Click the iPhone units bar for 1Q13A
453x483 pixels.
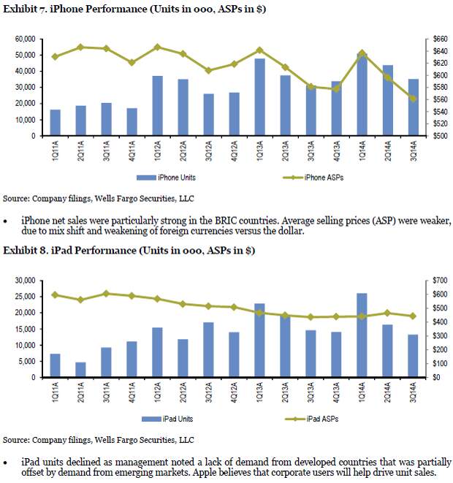tap(259, 97)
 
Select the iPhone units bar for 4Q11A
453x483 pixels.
tap(132, 122)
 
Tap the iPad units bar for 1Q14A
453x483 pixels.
tap(362, 335)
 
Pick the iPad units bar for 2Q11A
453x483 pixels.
tap(80, 370)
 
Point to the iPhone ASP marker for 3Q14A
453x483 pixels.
tap(414, 99)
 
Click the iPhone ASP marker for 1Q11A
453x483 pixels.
tap(55, 57)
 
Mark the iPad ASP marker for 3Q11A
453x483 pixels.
tap(106, 294)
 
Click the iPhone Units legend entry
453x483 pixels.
tap(167, 178)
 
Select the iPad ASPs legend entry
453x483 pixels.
tap(312, 419)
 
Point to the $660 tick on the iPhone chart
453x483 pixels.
tap(440, 39)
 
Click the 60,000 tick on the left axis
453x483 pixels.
tap(25, 39)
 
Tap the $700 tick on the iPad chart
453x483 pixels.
tap(440, 281)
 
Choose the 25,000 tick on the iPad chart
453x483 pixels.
tap(25, 297)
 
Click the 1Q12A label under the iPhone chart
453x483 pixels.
tap(157, 151)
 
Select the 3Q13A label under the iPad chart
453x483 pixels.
tap(311, 392)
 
